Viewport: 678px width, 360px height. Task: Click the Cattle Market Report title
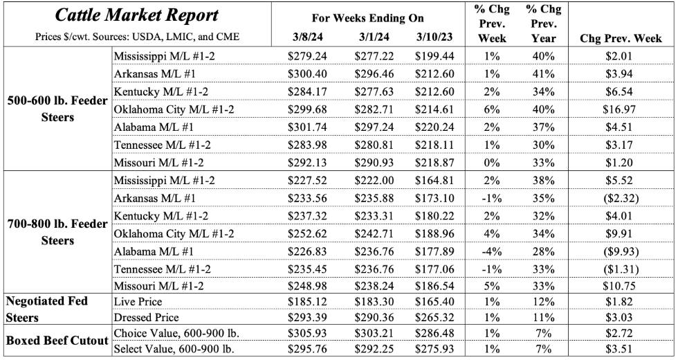(136, 15)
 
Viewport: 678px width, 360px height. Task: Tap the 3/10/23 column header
(435, 37)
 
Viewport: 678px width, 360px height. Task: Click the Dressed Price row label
(145, 316)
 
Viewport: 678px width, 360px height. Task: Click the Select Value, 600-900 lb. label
(174, 348)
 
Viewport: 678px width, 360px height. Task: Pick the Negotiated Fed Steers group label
(48, 309)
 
